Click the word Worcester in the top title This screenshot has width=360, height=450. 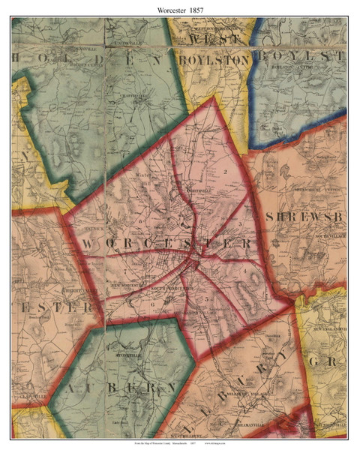(166, 7)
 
